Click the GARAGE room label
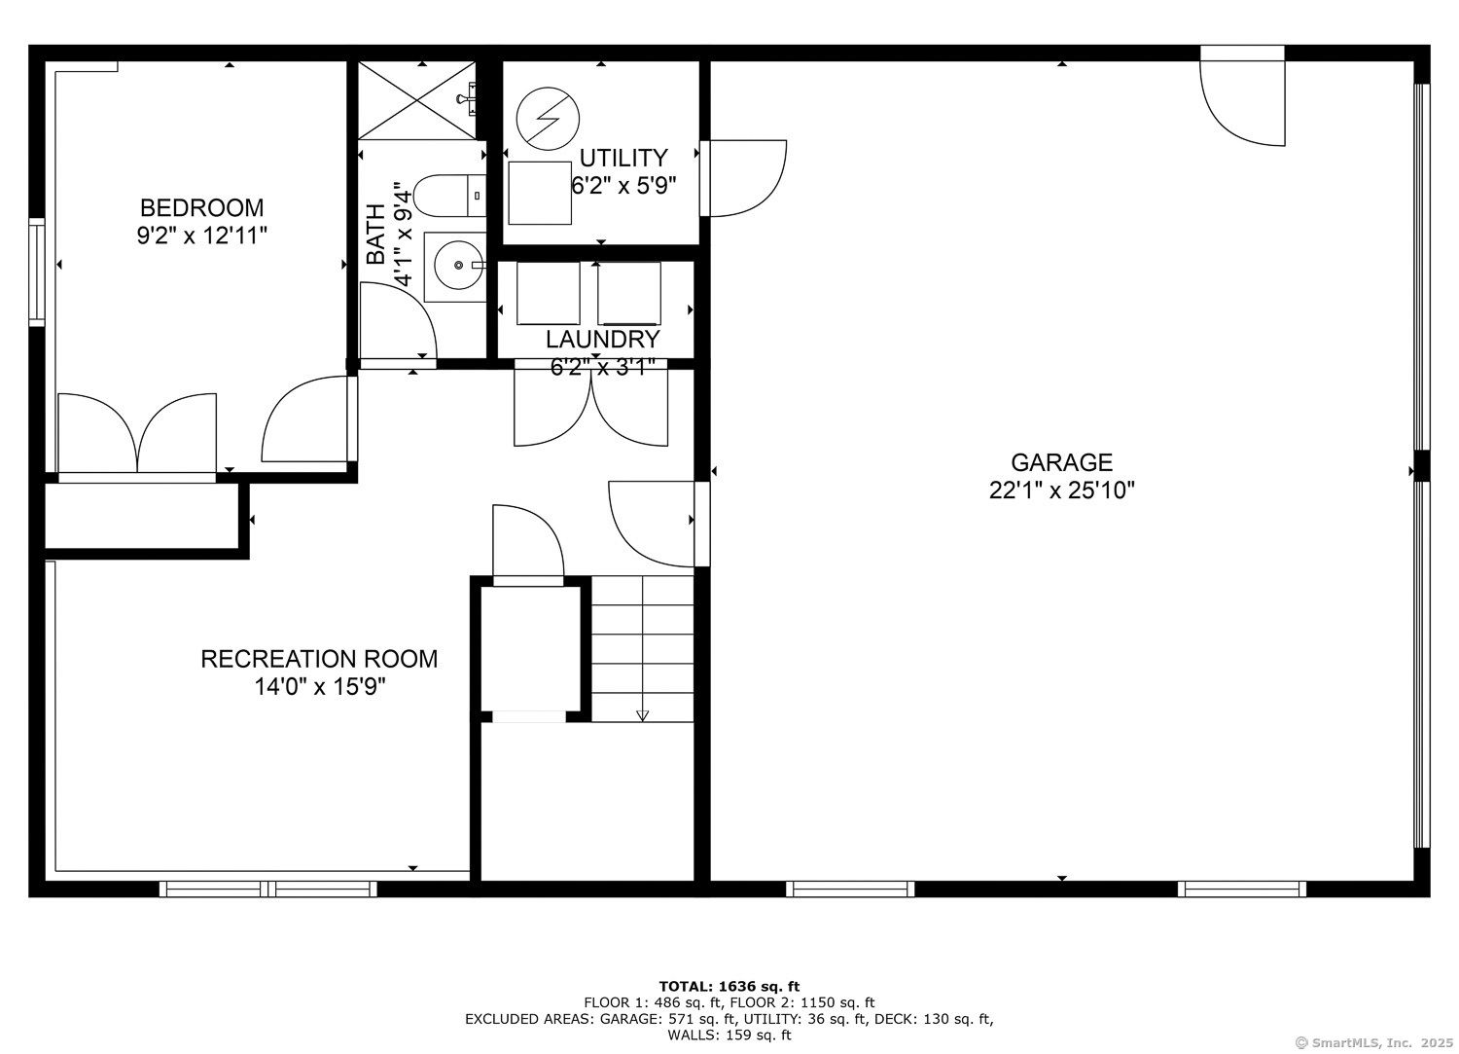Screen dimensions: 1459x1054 1062,462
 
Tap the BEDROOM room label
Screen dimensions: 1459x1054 202,208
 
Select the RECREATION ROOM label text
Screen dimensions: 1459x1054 319,659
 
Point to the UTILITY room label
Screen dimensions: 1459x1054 623,159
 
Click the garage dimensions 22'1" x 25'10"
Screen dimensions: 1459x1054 1062,491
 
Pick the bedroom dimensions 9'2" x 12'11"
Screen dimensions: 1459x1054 202,236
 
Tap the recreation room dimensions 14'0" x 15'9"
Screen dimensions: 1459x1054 319,687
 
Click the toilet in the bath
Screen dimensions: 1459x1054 449,196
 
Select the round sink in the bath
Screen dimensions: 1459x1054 458,266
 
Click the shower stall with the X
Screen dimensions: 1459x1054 417,100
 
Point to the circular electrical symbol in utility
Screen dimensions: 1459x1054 548,119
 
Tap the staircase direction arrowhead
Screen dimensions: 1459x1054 642,715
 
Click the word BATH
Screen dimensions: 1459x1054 375,234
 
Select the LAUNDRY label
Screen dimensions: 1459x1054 602,340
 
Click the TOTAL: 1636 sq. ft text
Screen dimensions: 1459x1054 729,986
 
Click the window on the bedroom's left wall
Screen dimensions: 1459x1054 37,273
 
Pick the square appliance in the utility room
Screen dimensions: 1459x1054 540,193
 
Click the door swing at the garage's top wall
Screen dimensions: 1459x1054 1242,103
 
